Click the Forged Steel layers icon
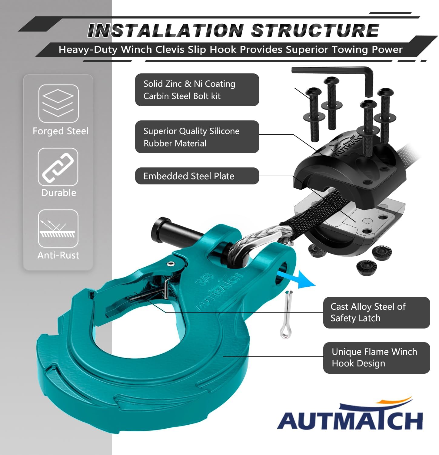point(58,103)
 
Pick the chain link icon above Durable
point(58,167)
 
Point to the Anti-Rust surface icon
point(58,228)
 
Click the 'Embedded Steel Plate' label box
point(197,176)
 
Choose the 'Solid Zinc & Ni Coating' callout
point(197,90)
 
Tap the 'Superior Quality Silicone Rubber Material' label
point(197,137)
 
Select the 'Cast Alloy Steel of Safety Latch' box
point(377,312)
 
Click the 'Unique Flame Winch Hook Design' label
point(377,358)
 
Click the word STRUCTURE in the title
point(315,30)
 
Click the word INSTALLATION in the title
point(165,30)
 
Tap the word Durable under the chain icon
point(59,193)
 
